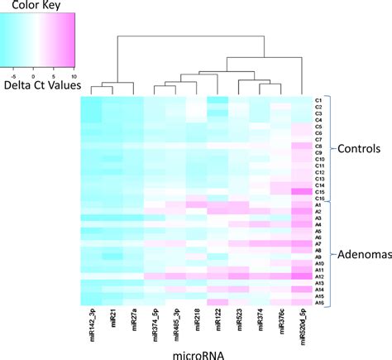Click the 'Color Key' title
click(x=44, y=7)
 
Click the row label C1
click(x=318, y=100)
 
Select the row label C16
click(x=319, y=199)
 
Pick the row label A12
click(x=319, y=276)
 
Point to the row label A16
click(x=319, y=303)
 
